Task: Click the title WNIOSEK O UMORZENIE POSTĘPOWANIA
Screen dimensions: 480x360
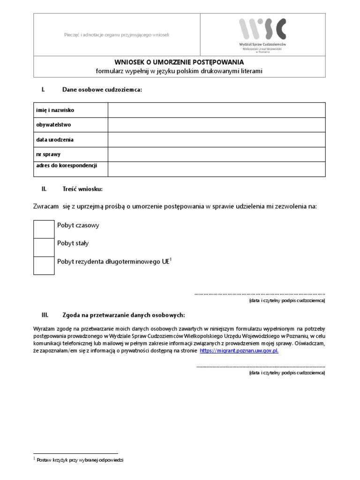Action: (180, 61)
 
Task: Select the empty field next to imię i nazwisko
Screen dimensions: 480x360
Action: (217, 110)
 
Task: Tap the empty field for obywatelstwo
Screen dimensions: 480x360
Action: (217, 125)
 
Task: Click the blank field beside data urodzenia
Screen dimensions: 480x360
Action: (217, 140)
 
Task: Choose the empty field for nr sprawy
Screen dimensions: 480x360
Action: (217, 154)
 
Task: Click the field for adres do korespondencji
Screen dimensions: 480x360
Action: (217, 169)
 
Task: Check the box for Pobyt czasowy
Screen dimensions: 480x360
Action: (44, 229)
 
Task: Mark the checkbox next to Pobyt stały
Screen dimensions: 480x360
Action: (44, 247)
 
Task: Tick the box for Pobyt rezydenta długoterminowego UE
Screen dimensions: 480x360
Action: (44, 265)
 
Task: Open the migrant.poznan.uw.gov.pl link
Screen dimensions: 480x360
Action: (239, 351)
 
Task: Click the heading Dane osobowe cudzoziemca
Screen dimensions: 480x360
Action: (102, 89)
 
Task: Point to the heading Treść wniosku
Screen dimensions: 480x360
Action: (82, 189)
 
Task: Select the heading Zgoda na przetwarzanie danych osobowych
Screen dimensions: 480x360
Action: (124, 315)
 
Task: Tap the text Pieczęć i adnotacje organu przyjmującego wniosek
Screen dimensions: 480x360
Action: (116, 35)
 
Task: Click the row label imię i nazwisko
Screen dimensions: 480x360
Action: (55, 110)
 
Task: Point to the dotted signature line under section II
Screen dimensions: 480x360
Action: (260, 293)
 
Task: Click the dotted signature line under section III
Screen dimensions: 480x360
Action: (260, 366)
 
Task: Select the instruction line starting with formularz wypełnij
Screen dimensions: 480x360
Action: (180, 71)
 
